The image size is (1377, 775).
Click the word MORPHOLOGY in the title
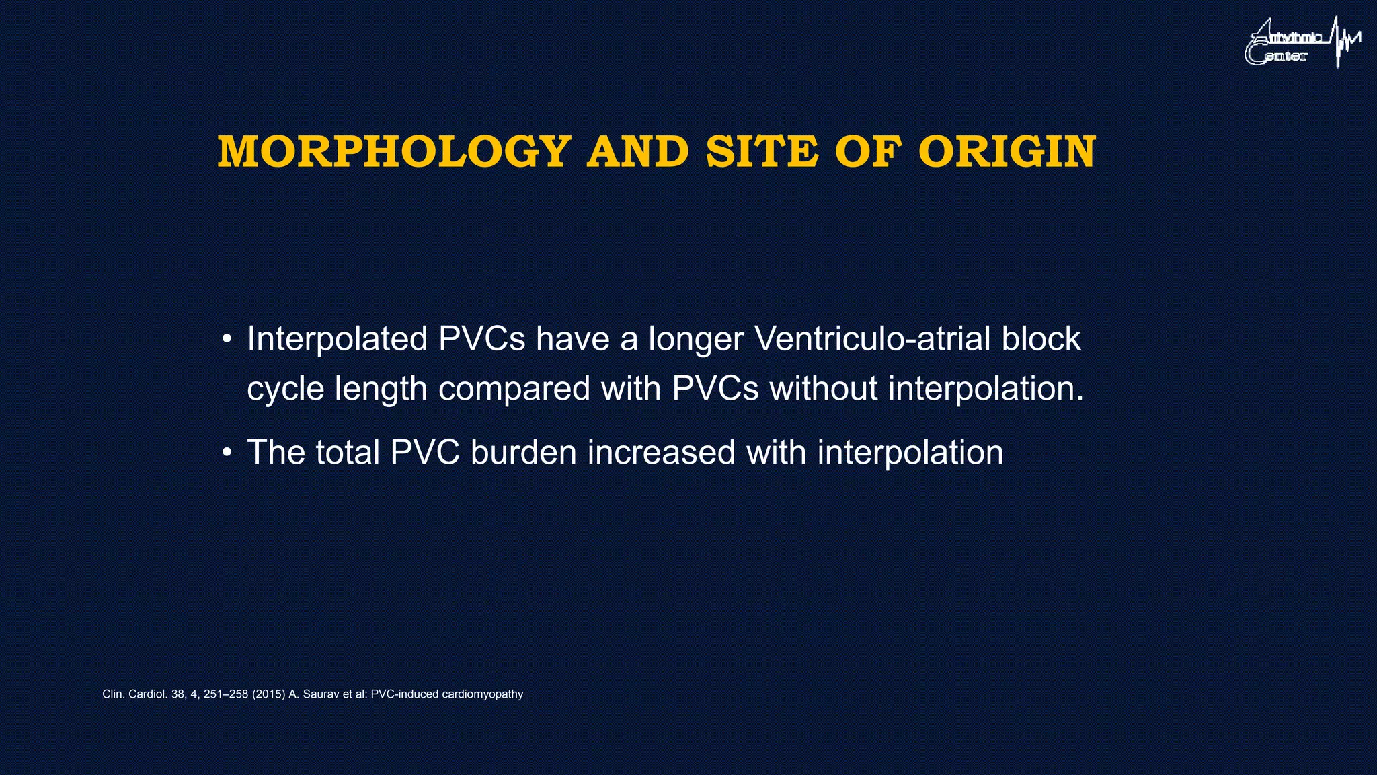(395, 152)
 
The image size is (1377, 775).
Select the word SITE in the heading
(762, 152)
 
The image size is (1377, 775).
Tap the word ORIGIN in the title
(1007, 152)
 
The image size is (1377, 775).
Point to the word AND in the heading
(638, 152)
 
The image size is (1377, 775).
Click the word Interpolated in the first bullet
(338, 339)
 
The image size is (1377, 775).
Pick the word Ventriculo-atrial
(872, 339)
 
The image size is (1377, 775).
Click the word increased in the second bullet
(661, 452)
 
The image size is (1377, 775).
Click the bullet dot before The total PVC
(227, 453)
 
